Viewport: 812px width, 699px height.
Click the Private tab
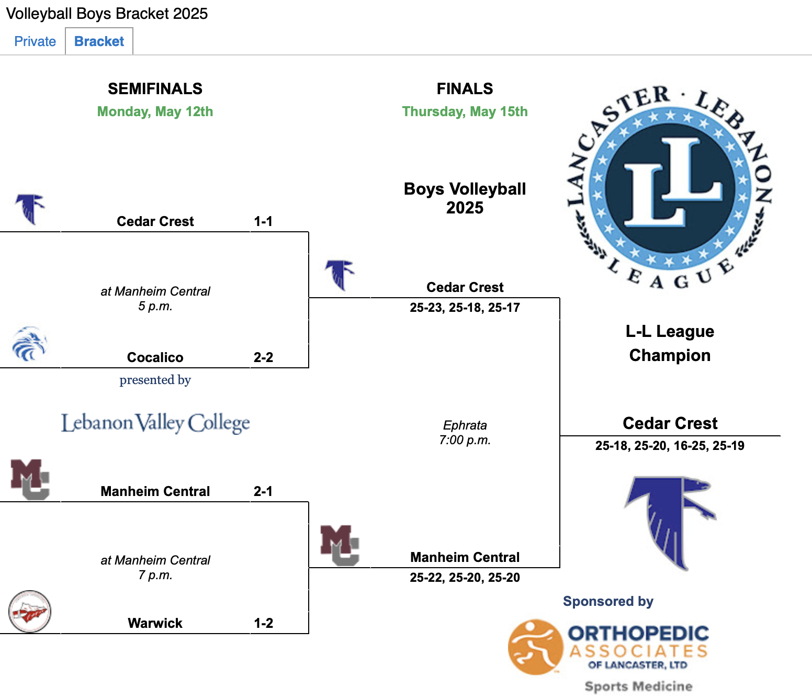click(x=35, y=41)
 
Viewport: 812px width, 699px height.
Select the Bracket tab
click(x=99, y=41)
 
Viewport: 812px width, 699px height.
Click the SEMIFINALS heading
click(x=155, y=89)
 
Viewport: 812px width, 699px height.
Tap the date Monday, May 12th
click(x=155, y=111)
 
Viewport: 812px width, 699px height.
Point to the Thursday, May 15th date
click(x=465, y=111)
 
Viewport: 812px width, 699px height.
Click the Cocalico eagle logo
click(x=29, y=344)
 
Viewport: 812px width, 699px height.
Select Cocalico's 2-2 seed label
click(x=263, y=357)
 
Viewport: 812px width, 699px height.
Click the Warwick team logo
click(x=30, y=612)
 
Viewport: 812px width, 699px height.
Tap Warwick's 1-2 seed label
click(x=263, y=623)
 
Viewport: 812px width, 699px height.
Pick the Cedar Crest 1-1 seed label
click(x=263, y=221)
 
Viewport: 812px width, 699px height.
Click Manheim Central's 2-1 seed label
click(x=263, y=491)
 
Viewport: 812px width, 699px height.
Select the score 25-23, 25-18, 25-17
click(x=465, y=307)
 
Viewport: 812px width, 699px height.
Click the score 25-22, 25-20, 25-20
click(x=465, y=577)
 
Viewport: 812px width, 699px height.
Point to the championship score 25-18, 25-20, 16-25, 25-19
click(x=670, y=446)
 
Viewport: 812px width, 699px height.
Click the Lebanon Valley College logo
click(x=155, y=423)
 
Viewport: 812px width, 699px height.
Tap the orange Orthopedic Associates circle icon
click(x=535, y=647)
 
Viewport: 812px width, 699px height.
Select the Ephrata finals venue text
click(x=465, y=425)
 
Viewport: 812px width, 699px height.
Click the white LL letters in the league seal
click(x=672, y=182)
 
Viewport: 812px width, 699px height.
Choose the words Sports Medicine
click(x=638, y=686)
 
